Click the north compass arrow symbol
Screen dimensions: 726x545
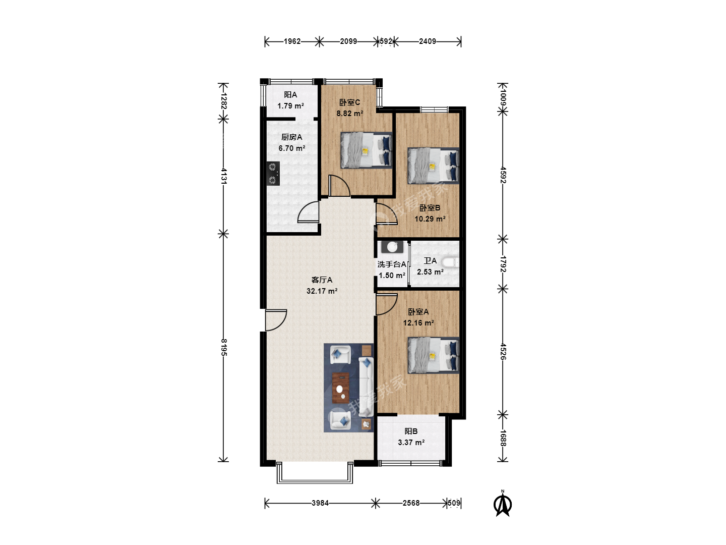coord(503,504)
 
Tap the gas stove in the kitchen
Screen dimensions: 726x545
coord(273,174)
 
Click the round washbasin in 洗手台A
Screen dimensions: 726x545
coord(392,247)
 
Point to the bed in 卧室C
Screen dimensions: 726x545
coord(367,150)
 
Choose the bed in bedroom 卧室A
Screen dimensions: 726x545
coord(434,355)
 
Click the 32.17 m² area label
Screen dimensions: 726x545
coord(322,291)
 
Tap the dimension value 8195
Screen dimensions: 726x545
coord(224,348)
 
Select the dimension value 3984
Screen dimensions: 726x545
coord(320,503)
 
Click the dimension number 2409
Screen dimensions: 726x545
coord(428,41)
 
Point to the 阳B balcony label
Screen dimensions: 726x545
coord(411,431)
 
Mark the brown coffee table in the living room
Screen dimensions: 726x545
coord(341,388)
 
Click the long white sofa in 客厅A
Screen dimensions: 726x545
coord(366,387)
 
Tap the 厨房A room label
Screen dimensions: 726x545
coord(292,137)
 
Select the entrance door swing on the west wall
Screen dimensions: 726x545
coord(276,320)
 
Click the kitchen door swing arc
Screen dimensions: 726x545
coord(308,212)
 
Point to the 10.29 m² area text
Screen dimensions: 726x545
coord(430,219)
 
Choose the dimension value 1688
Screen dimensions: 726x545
coord(503,438)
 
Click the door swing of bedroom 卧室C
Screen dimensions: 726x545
coord(339,186)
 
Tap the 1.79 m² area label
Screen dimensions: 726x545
coord(291,106)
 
